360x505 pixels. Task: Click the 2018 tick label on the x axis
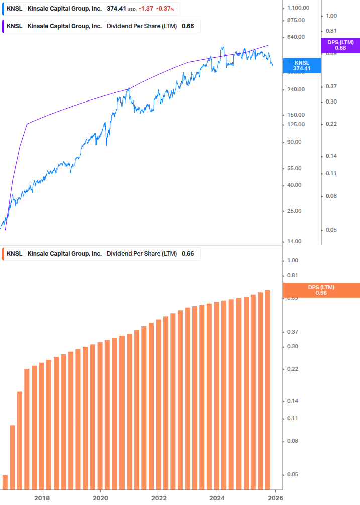42,497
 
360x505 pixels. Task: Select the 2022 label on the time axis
159,497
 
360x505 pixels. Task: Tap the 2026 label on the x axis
275,497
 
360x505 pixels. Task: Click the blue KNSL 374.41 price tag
302,65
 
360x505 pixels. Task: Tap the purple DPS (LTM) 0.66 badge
340,45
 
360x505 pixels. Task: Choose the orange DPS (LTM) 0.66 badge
321,290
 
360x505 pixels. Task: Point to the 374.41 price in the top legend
116,9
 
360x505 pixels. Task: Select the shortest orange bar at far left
5,482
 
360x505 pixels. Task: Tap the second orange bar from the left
13,457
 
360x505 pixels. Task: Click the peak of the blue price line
222,46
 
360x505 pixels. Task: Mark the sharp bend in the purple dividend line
27,123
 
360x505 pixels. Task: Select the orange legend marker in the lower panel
3,254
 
